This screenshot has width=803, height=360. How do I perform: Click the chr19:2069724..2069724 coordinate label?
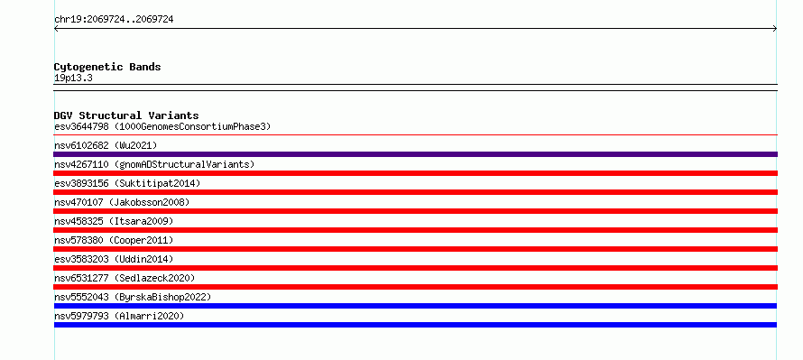(114, 20)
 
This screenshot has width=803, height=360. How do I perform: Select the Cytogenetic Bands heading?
(107, 67)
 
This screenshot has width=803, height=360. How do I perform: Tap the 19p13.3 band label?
(73, 78)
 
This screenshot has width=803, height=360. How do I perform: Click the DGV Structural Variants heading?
(126, 115)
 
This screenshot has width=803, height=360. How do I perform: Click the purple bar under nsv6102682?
(415, 154)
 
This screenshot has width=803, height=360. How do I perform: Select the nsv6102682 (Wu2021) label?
(106, 145)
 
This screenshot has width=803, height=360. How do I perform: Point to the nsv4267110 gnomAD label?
(154, 164)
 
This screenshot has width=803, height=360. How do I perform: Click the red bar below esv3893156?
(415, 192)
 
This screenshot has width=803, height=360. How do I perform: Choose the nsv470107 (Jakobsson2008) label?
(122, 202)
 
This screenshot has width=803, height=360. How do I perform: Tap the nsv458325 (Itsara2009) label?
(114, 221)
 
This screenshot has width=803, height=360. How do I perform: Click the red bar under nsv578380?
(415, 249)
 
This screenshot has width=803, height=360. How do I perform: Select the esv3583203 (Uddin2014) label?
(114, 259)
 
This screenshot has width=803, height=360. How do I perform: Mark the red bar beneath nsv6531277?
(415, 287)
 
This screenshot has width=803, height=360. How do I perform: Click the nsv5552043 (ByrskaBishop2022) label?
(133, 297)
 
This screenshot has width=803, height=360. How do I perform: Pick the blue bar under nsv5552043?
(415, 306)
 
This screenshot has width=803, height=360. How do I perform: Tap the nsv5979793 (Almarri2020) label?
(119, 316)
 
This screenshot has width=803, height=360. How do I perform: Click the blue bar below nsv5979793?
(415, 325)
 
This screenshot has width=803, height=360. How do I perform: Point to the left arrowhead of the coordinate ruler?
(55, 29)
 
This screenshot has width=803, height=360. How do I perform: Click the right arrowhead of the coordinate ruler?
(776, 29)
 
